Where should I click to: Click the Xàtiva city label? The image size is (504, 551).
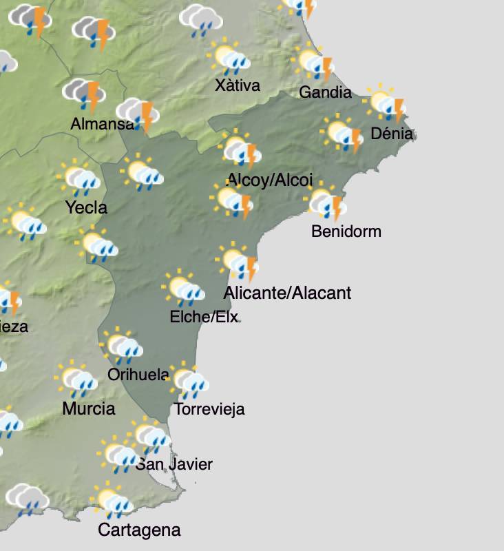238,85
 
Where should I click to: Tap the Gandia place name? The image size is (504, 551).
325,92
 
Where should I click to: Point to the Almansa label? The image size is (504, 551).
103,125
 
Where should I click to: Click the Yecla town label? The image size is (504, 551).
86,207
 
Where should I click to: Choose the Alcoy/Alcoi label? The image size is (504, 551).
270,180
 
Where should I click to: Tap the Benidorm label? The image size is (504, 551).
346,231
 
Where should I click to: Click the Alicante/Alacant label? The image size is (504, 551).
287,293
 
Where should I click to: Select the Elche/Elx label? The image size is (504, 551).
204,317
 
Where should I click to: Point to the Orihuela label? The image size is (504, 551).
138,375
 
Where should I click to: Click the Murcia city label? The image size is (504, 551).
89,408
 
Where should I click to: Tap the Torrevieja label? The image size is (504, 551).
209,409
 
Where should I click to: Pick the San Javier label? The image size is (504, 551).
174,464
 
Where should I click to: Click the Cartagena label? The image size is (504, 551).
139,530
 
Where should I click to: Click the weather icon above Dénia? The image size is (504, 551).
386,103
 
